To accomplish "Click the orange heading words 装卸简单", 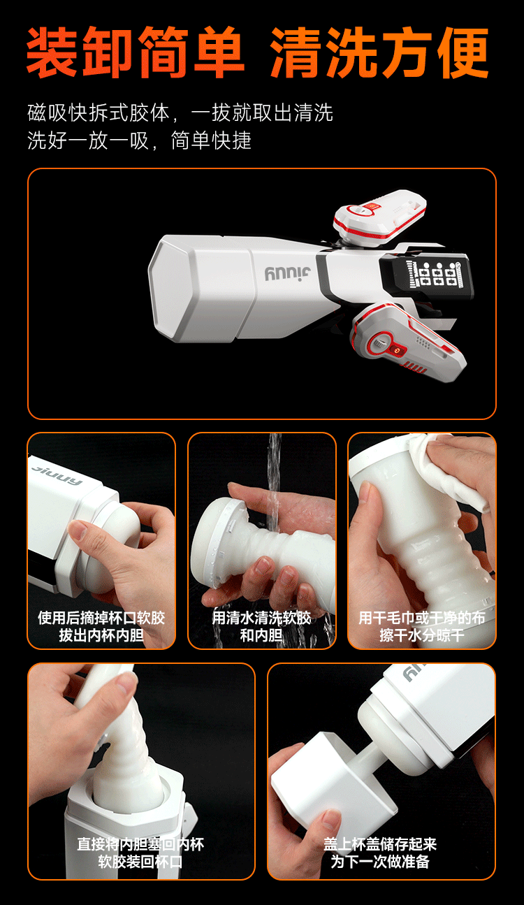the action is coord(136,52).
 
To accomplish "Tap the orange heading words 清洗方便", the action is coord(380,52).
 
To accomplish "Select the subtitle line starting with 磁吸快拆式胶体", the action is coord(180,113).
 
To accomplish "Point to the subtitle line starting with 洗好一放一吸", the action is coord(139,140).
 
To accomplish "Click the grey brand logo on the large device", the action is coord(288,273).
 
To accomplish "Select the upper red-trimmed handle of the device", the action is coord(379,215).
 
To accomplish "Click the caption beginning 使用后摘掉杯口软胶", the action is coord(101,627).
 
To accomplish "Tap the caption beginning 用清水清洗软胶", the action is coord(261,627).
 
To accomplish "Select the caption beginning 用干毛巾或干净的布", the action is coord(422,627).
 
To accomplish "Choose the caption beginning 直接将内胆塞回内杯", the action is coord(140,853).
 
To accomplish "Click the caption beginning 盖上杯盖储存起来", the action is coord(380,853).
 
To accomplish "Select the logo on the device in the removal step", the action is coord(57,475).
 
